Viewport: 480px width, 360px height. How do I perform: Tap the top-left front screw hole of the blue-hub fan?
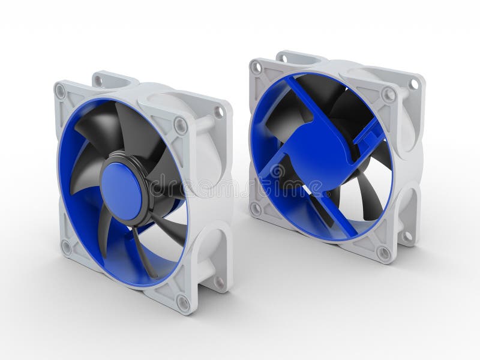pos(60,92)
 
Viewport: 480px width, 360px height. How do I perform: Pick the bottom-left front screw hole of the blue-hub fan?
pos(65,247)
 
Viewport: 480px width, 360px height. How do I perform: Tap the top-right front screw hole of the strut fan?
pos(388,95)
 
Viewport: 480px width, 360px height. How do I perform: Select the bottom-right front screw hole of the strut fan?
pos(384,253)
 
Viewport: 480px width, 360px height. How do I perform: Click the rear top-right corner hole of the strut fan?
pos(413,85)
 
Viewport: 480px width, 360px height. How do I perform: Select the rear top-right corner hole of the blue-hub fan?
pos(220,112)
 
